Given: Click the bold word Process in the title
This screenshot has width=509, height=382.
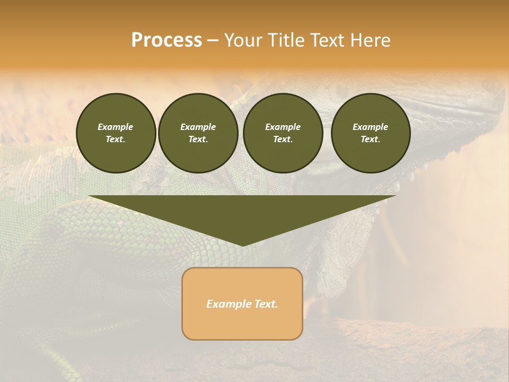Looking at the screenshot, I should (x=166, y=40).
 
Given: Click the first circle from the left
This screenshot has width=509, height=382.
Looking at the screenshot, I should (x=116, y=133).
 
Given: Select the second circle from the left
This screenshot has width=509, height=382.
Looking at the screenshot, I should (x=198, y=133).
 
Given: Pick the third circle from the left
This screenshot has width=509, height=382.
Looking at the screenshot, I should (x=283, y=133).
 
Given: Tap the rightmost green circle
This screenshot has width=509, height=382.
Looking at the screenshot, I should (x=370, y=133).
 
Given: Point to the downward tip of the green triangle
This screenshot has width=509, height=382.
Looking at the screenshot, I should (x=242, y=245).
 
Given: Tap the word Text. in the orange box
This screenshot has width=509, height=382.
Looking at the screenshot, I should (x=266, y=304).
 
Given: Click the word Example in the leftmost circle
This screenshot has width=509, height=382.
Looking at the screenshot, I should (x=116, y=127).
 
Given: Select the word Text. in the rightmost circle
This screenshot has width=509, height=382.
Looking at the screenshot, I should (x=370, y=140).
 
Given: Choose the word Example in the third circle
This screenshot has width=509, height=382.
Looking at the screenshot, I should (x=283, y=127).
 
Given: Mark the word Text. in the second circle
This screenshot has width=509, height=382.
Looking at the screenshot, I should (x=198, y=140).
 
